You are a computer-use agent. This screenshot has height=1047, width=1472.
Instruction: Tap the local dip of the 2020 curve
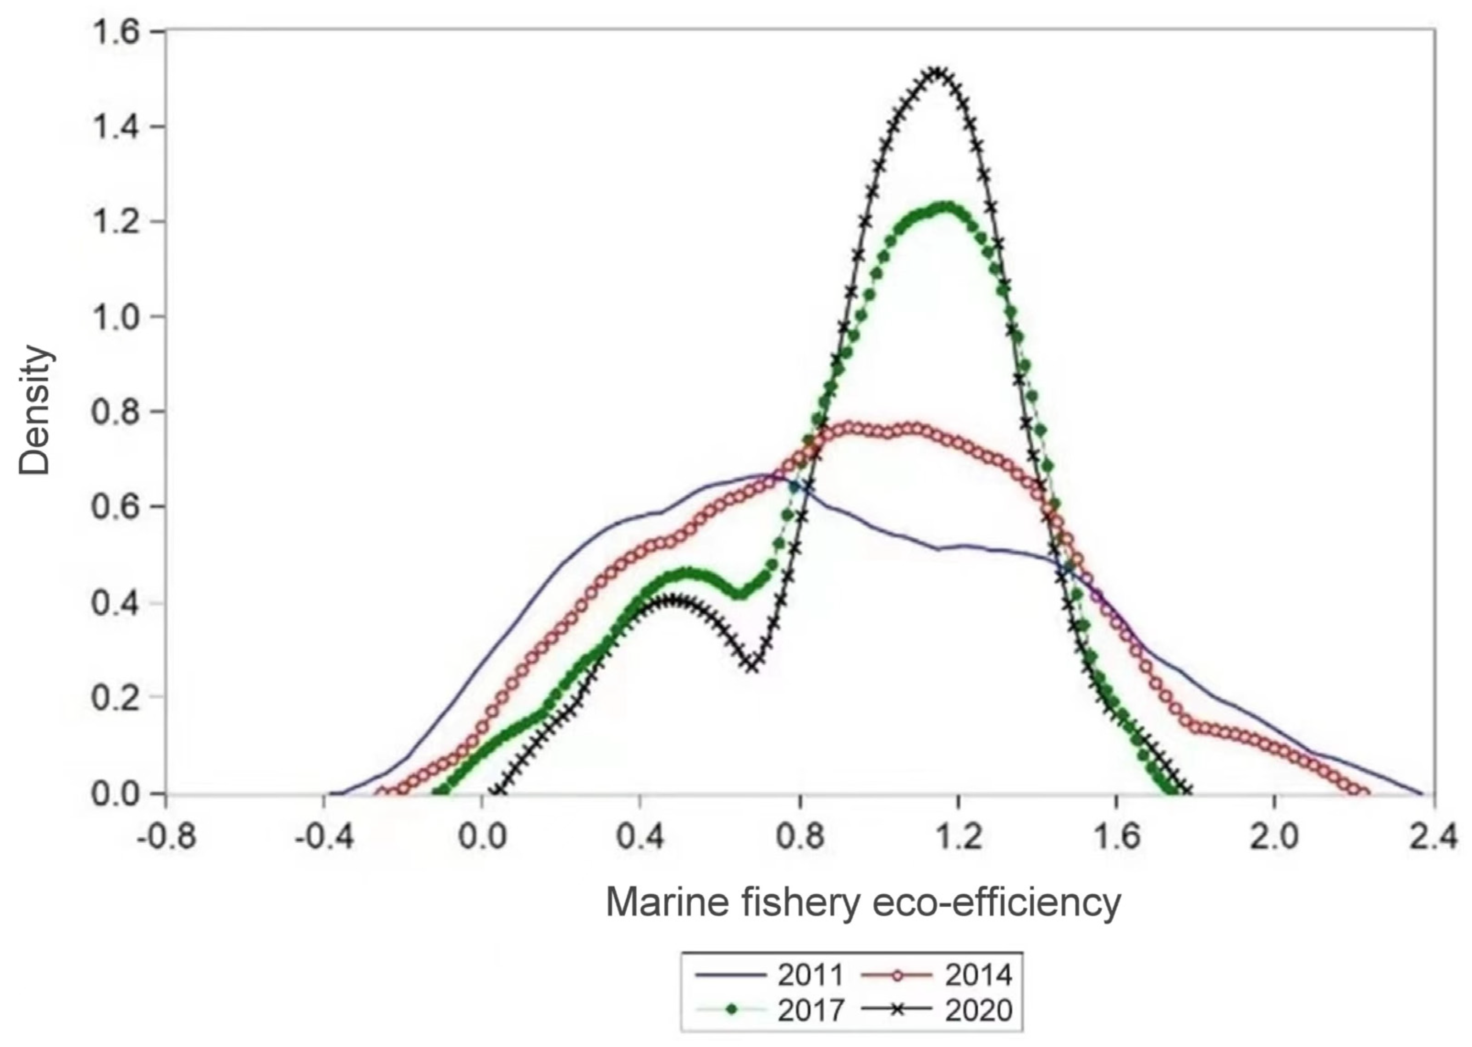(752, 665)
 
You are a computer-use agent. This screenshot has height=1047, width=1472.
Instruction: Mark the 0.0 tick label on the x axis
(481, 838)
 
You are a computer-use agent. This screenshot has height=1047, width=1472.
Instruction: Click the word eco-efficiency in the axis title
(996, 903)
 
